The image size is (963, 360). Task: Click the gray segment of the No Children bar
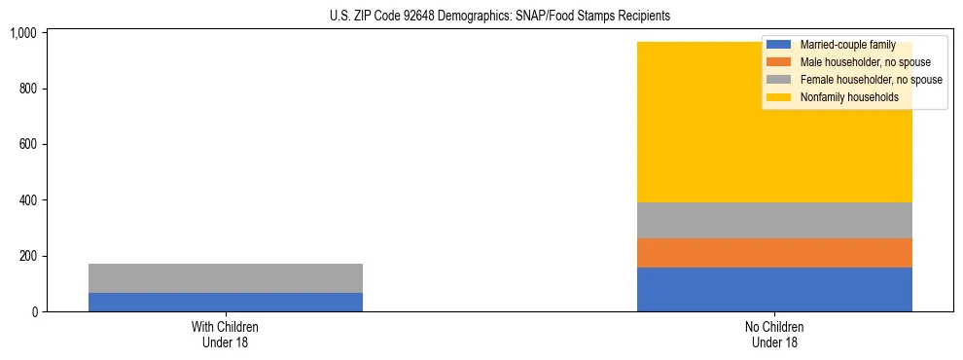pos(774,220)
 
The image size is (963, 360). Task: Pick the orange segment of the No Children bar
pos(774,253)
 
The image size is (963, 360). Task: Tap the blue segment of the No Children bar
pos(774,289)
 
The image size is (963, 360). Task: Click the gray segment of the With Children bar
pos(225,278)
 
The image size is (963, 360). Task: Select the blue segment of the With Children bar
pos(225,302)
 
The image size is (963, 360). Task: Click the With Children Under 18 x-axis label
pos(225,335)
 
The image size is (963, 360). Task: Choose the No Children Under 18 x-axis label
pos(774,335)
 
